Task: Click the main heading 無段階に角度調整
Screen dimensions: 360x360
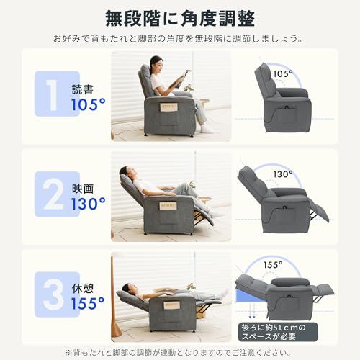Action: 180,18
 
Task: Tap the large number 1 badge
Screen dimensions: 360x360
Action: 57,94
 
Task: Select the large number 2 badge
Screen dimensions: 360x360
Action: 57,194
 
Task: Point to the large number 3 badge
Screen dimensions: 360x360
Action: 57,294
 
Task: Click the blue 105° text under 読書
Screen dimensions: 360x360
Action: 89,104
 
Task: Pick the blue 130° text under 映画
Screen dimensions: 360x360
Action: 89,204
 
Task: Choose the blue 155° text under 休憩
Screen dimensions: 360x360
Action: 88,303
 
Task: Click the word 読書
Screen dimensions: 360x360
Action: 83,89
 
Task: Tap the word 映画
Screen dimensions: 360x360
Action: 83,189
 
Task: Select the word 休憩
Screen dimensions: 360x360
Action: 83,288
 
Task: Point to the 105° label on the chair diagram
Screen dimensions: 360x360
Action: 283,73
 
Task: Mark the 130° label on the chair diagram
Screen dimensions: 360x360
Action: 283,174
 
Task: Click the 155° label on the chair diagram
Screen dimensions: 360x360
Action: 273,265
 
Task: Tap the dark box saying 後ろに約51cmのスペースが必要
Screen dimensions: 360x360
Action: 278,332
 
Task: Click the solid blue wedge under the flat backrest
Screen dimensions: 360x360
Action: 250,294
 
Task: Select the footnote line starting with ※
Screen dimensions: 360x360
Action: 179,353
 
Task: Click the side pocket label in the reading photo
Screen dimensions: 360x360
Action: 169,107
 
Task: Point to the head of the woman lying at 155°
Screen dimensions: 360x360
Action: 128,287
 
